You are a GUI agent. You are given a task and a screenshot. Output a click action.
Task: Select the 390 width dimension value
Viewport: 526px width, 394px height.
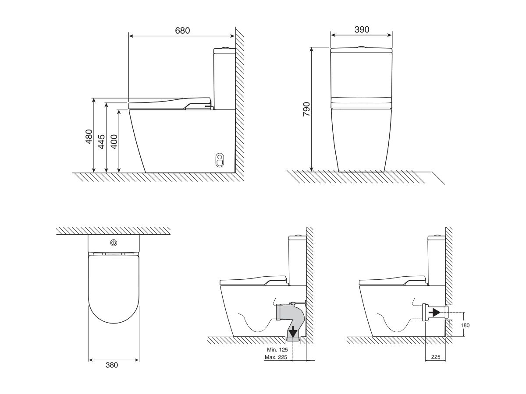tap(361, 29)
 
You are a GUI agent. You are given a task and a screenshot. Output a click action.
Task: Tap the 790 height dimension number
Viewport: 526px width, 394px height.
tap(306, 109)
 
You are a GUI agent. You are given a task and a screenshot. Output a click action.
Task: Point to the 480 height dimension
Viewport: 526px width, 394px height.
tap(89, 136)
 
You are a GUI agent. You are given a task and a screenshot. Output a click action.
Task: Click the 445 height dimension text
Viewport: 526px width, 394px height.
tap(102, 142)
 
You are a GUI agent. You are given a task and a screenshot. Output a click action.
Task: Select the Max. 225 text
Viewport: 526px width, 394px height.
tap(276, 357)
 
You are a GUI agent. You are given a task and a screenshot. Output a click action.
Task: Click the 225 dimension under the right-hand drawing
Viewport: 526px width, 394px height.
tap(435, 357)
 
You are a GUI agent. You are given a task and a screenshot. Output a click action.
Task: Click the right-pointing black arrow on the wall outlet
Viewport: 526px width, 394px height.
tap(434, 312)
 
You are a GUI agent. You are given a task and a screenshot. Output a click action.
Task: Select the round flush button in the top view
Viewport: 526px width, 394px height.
tap(114, 243)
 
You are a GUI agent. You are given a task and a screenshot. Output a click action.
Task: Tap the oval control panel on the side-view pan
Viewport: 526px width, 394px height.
tap(219, 160)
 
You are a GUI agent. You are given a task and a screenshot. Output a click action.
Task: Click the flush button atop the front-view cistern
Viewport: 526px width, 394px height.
tap(361, 46)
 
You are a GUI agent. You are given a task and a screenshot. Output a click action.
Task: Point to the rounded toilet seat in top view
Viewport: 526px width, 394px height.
tap(114, 289)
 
